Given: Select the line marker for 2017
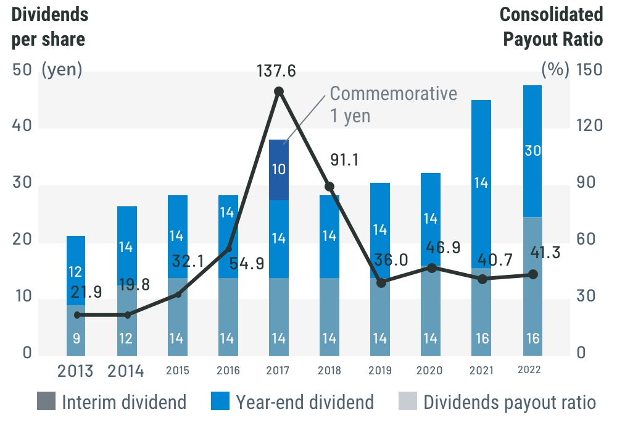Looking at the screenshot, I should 279,91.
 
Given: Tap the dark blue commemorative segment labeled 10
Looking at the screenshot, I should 279,169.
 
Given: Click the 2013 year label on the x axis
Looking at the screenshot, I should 75,371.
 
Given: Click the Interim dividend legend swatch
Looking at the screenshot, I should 46,402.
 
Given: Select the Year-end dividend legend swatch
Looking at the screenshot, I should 220,402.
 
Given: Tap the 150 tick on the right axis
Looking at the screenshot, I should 588,70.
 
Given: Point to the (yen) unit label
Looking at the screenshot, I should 62,70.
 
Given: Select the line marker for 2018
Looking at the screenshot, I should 329,187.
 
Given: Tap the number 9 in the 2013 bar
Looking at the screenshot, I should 75,339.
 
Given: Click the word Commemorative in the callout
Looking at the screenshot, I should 394,94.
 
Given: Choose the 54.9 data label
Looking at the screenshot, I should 246,264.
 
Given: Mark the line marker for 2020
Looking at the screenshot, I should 432,268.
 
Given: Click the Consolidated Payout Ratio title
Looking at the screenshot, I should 551,27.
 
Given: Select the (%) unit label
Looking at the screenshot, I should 555,70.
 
